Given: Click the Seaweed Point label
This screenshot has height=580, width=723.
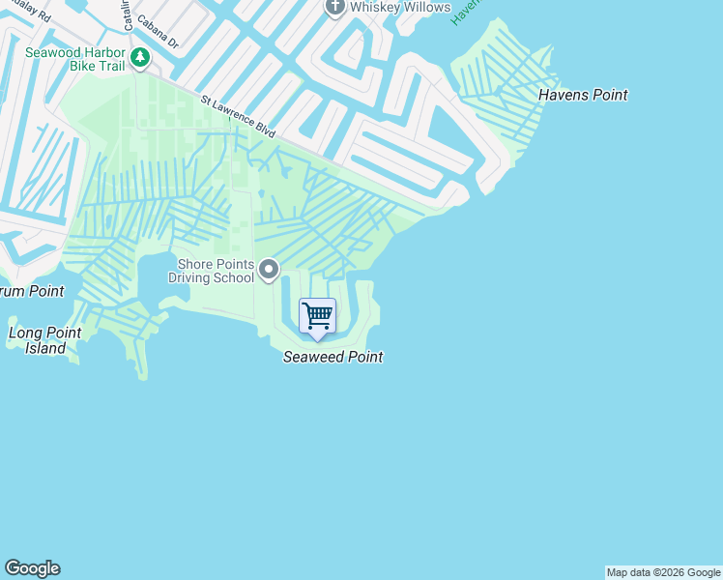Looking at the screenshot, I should point(333,357).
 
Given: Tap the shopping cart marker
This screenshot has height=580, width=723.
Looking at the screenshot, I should point(317,316).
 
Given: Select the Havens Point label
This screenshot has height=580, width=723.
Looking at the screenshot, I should point(583,95).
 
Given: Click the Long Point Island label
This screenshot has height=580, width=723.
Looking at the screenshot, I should point(44,340).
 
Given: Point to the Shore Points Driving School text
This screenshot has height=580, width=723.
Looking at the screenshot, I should point(211,272).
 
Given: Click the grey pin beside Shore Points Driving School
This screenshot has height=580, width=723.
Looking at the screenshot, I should point(269,270).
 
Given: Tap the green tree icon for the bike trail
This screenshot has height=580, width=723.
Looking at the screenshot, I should point(140,59).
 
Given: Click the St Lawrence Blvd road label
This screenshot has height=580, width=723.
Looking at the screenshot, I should point(239,113).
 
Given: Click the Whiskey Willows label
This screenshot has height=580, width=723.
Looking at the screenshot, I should point(400,8).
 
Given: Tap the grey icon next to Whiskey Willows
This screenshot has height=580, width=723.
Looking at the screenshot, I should point(334,7).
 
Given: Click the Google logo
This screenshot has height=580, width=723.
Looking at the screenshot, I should point(32,568).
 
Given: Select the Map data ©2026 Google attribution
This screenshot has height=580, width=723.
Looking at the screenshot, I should point(663,572).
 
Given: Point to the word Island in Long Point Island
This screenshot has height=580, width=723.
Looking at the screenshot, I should point(45,348).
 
